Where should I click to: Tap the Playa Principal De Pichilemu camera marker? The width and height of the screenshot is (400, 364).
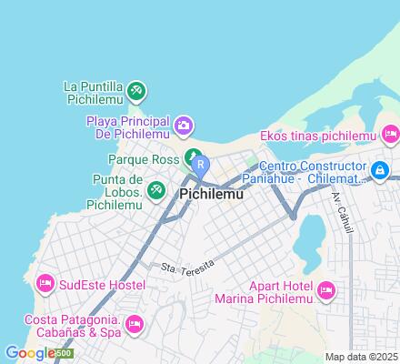[x=184, y=124]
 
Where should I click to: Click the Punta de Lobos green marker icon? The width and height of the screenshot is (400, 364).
[x=157, y=189]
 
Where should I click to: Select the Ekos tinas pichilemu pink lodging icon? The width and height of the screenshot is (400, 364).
[x=391, y=136]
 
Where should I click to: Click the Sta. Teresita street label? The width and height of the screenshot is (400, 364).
[x=187, y=265]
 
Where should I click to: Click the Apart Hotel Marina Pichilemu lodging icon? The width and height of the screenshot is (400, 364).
[x=327, y=291]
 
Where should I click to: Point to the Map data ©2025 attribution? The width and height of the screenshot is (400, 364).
[x=362, y=357]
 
